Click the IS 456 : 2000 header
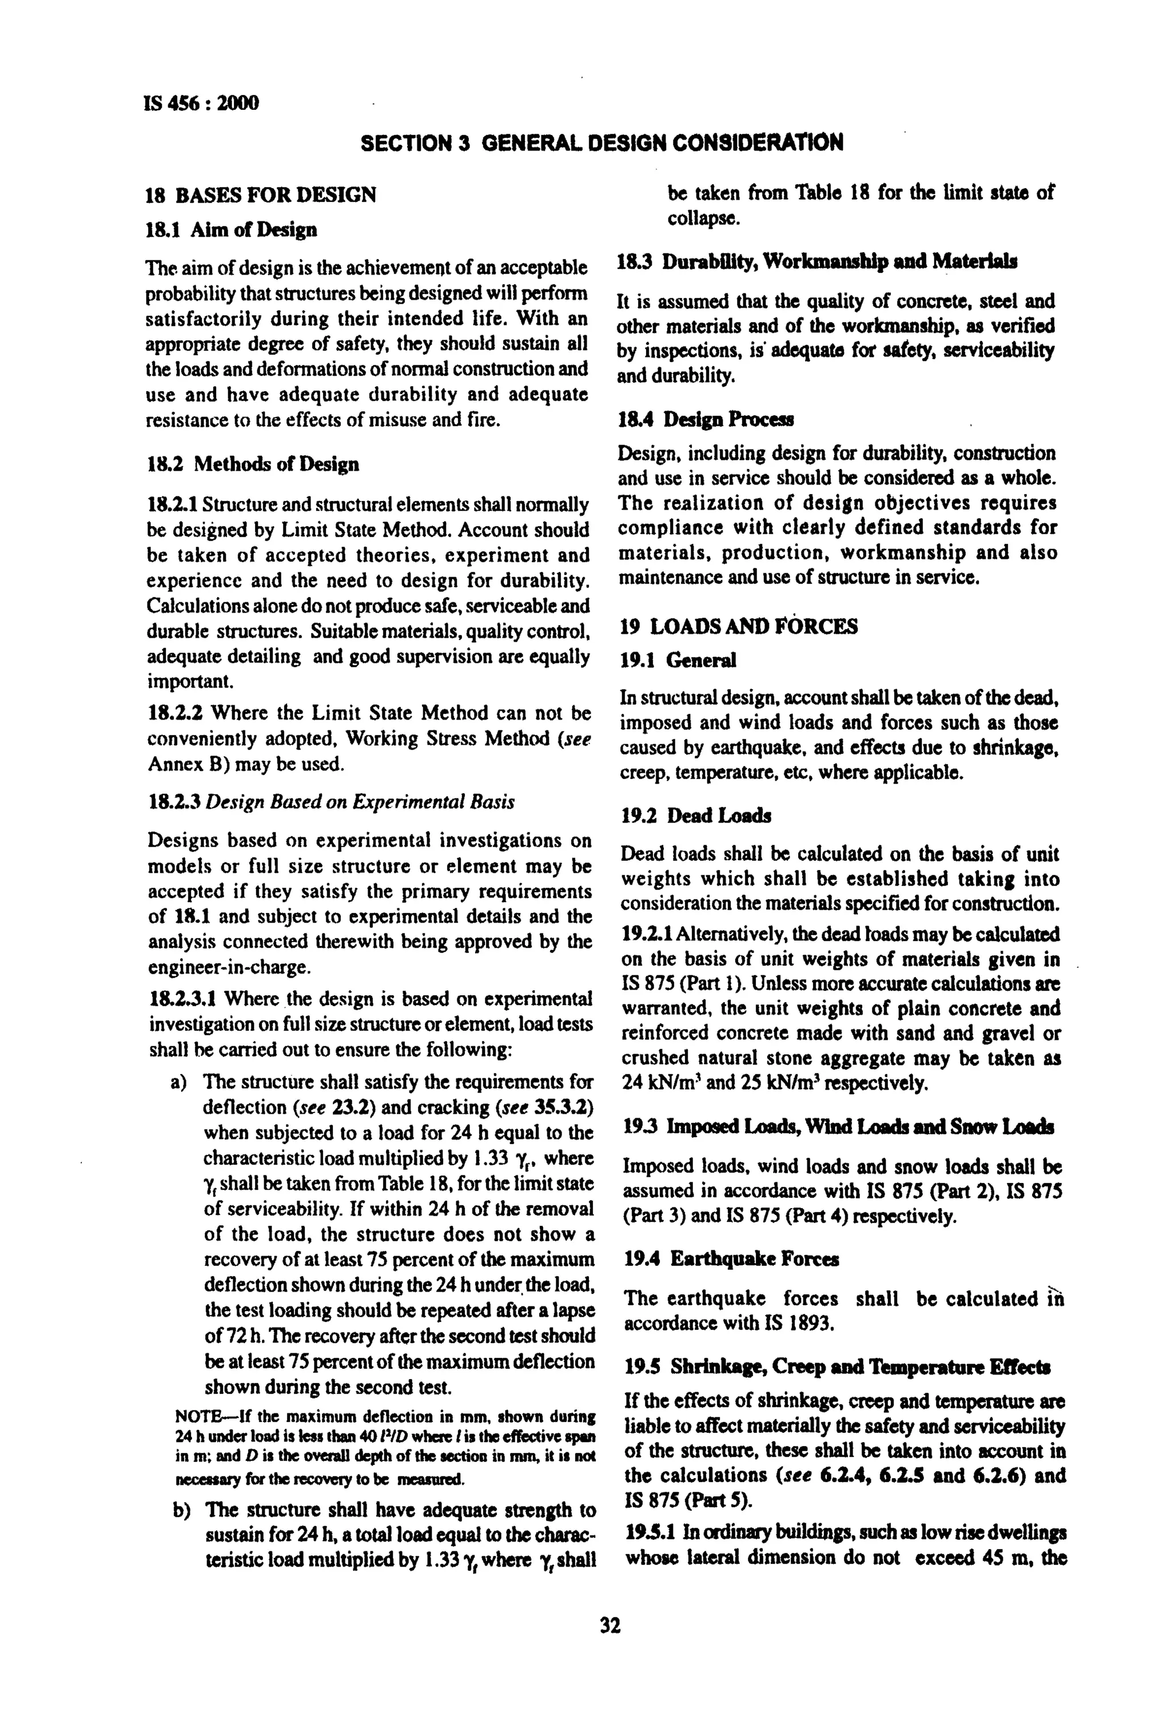coord(202,103)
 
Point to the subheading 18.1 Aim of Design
coord(232,230)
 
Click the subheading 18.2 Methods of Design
coord(253,464)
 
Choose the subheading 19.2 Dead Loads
coord(696,816)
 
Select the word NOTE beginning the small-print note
coord(196,1415)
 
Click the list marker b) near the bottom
coord(181,1510)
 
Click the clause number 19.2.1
coord(647,934)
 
